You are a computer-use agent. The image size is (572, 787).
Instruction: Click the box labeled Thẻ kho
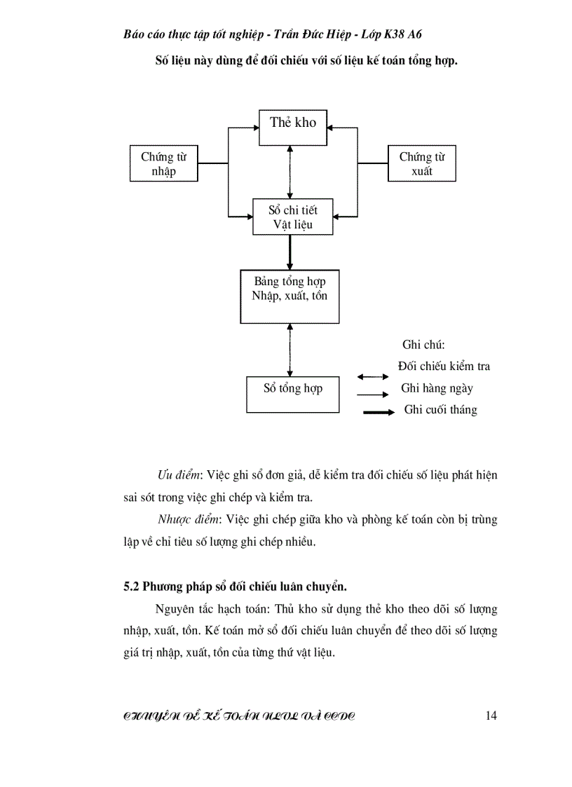[x=293, y=128]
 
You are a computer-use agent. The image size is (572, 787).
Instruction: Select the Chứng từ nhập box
[x=163, y=163]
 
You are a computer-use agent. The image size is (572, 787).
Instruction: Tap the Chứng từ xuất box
[x=421, y=163]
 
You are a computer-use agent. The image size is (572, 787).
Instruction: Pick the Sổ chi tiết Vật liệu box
[x=292, y=217]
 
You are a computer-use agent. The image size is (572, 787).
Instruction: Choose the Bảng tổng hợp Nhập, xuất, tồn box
[x=289, y=296]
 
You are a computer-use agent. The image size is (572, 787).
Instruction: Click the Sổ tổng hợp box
[x=293, y=394]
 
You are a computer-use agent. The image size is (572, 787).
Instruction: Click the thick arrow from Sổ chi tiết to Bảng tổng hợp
[x=290, y=252]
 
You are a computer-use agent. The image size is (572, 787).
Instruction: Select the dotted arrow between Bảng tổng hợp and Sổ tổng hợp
[x=290, y=350]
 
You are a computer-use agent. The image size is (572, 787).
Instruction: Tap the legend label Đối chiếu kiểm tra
[x=444, y=366]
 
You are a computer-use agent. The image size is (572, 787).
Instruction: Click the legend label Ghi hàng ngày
[x=437, y=388]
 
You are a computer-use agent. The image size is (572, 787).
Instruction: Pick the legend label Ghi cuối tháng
[x=440, y=410]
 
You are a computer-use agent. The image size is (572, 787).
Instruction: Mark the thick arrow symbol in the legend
[x=379, y=413]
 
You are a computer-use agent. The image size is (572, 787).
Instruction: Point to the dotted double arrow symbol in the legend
[x=372, y=377]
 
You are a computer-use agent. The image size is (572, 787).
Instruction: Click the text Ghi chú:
[x=424, y=345]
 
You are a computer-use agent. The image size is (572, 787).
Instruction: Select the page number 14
[x=491, y=715]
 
